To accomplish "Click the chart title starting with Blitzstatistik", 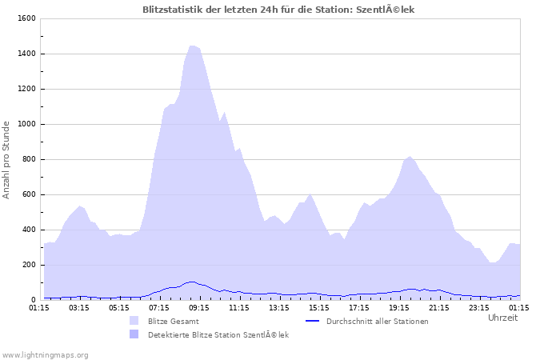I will pos(278,10).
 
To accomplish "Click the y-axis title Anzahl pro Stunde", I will pos(6,159).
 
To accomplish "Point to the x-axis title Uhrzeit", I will pos(502,318).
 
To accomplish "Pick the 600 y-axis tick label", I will pos(27,194).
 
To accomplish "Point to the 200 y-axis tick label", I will pos(27,265).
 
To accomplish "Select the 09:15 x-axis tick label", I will pos(199,307).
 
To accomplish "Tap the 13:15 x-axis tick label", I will pos(279,307).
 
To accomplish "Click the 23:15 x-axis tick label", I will pos(479,307).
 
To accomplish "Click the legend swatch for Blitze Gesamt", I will pos(134,321).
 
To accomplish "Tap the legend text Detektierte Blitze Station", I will pos(218,334).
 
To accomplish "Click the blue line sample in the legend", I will pos(313,321).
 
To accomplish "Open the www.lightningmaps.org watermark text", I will pos(45,354).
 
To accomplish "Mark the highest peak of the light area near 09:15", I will pos(192,46).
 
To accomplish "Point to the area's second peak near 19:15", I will pos(410,157).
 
